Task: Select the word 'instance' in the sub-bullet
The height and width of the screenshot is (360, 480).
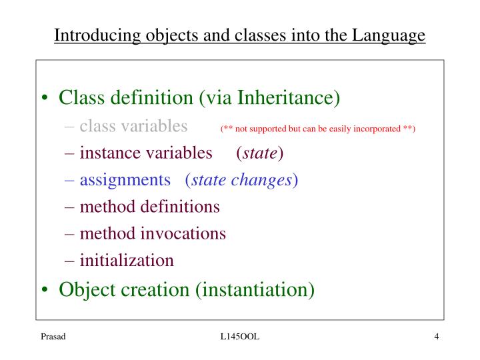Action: [x=107, y=153]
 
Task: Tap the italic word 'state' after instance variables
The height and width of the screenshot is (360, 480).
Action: [x=259, y=153]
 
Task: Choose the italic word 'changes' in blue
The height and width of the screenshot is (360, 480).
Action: [x=266, y=180]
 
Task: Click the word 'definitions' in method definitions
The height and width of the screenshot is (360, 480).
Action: [x=179, y=207]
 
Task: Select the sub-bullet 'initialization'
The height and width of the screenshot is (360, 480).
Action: [x=127, y=260]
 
